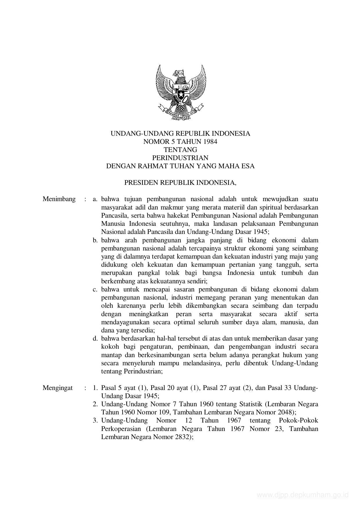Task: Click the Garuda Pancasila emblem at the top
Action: tap(180, 92)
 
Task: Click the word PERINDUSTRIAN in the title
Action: tap(180, 158)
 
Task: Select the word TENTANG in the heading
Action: tap(180, 150)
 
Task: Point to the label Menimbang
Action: tap(59, 199)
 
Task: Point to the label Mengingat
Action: tap(57, 388)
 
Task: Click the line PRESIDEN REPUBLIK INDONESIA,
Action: tap(180, 183)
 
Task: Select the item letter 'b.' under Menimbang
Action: tap(95, 240)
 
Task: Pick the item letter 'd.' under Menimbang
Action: tap(95, 339)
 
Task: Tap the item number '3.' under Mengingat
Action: tap(95, 420)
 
